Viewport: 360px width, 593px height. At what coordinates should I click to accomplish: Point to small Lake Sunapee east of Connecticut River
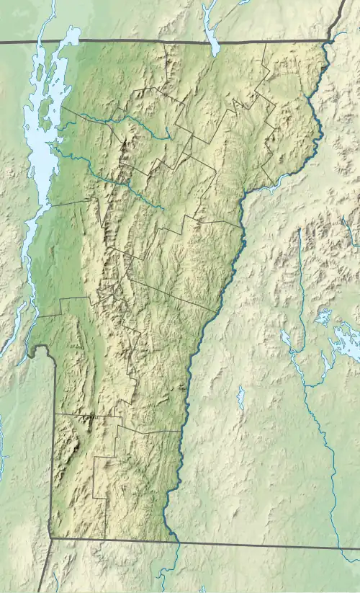[240, 396]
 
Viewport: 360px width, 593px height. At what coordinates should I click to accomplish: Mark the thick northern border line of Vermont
[180, 41]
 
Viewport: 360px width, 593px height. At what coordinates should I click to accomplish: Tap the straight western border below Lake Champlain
[52, 447]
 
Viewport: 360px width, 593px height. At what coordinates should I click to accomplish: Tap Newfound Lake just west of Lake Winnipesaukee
[320, 317]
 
